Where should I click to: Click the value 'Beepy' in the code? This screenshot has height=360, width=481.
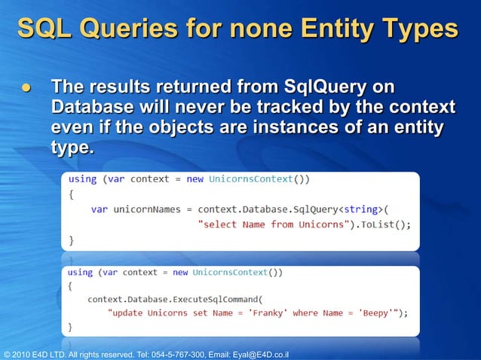point(381,313)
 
